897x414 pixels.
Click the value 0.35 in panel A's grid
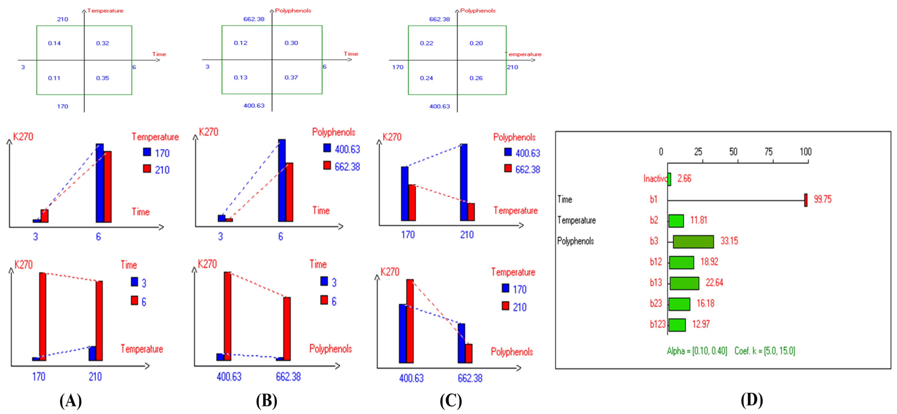102,78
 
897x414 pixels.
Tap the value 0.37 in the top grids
291,77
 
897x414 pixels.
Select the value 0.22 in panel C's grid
427,43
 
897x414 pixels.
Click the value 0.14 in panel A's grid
54,43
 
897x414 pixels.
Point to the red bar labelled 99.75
806,200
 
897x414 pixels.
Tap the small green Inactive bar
669,179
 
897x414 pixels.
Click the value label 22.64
714,283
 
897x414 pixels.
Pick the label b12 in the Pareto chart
656,262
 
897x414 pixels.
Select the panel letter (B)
267,401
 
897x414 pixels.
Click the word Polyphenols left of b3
575,241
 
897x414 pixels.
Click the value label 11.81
698,220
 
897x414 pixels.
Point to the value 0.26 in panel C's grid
476,78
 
